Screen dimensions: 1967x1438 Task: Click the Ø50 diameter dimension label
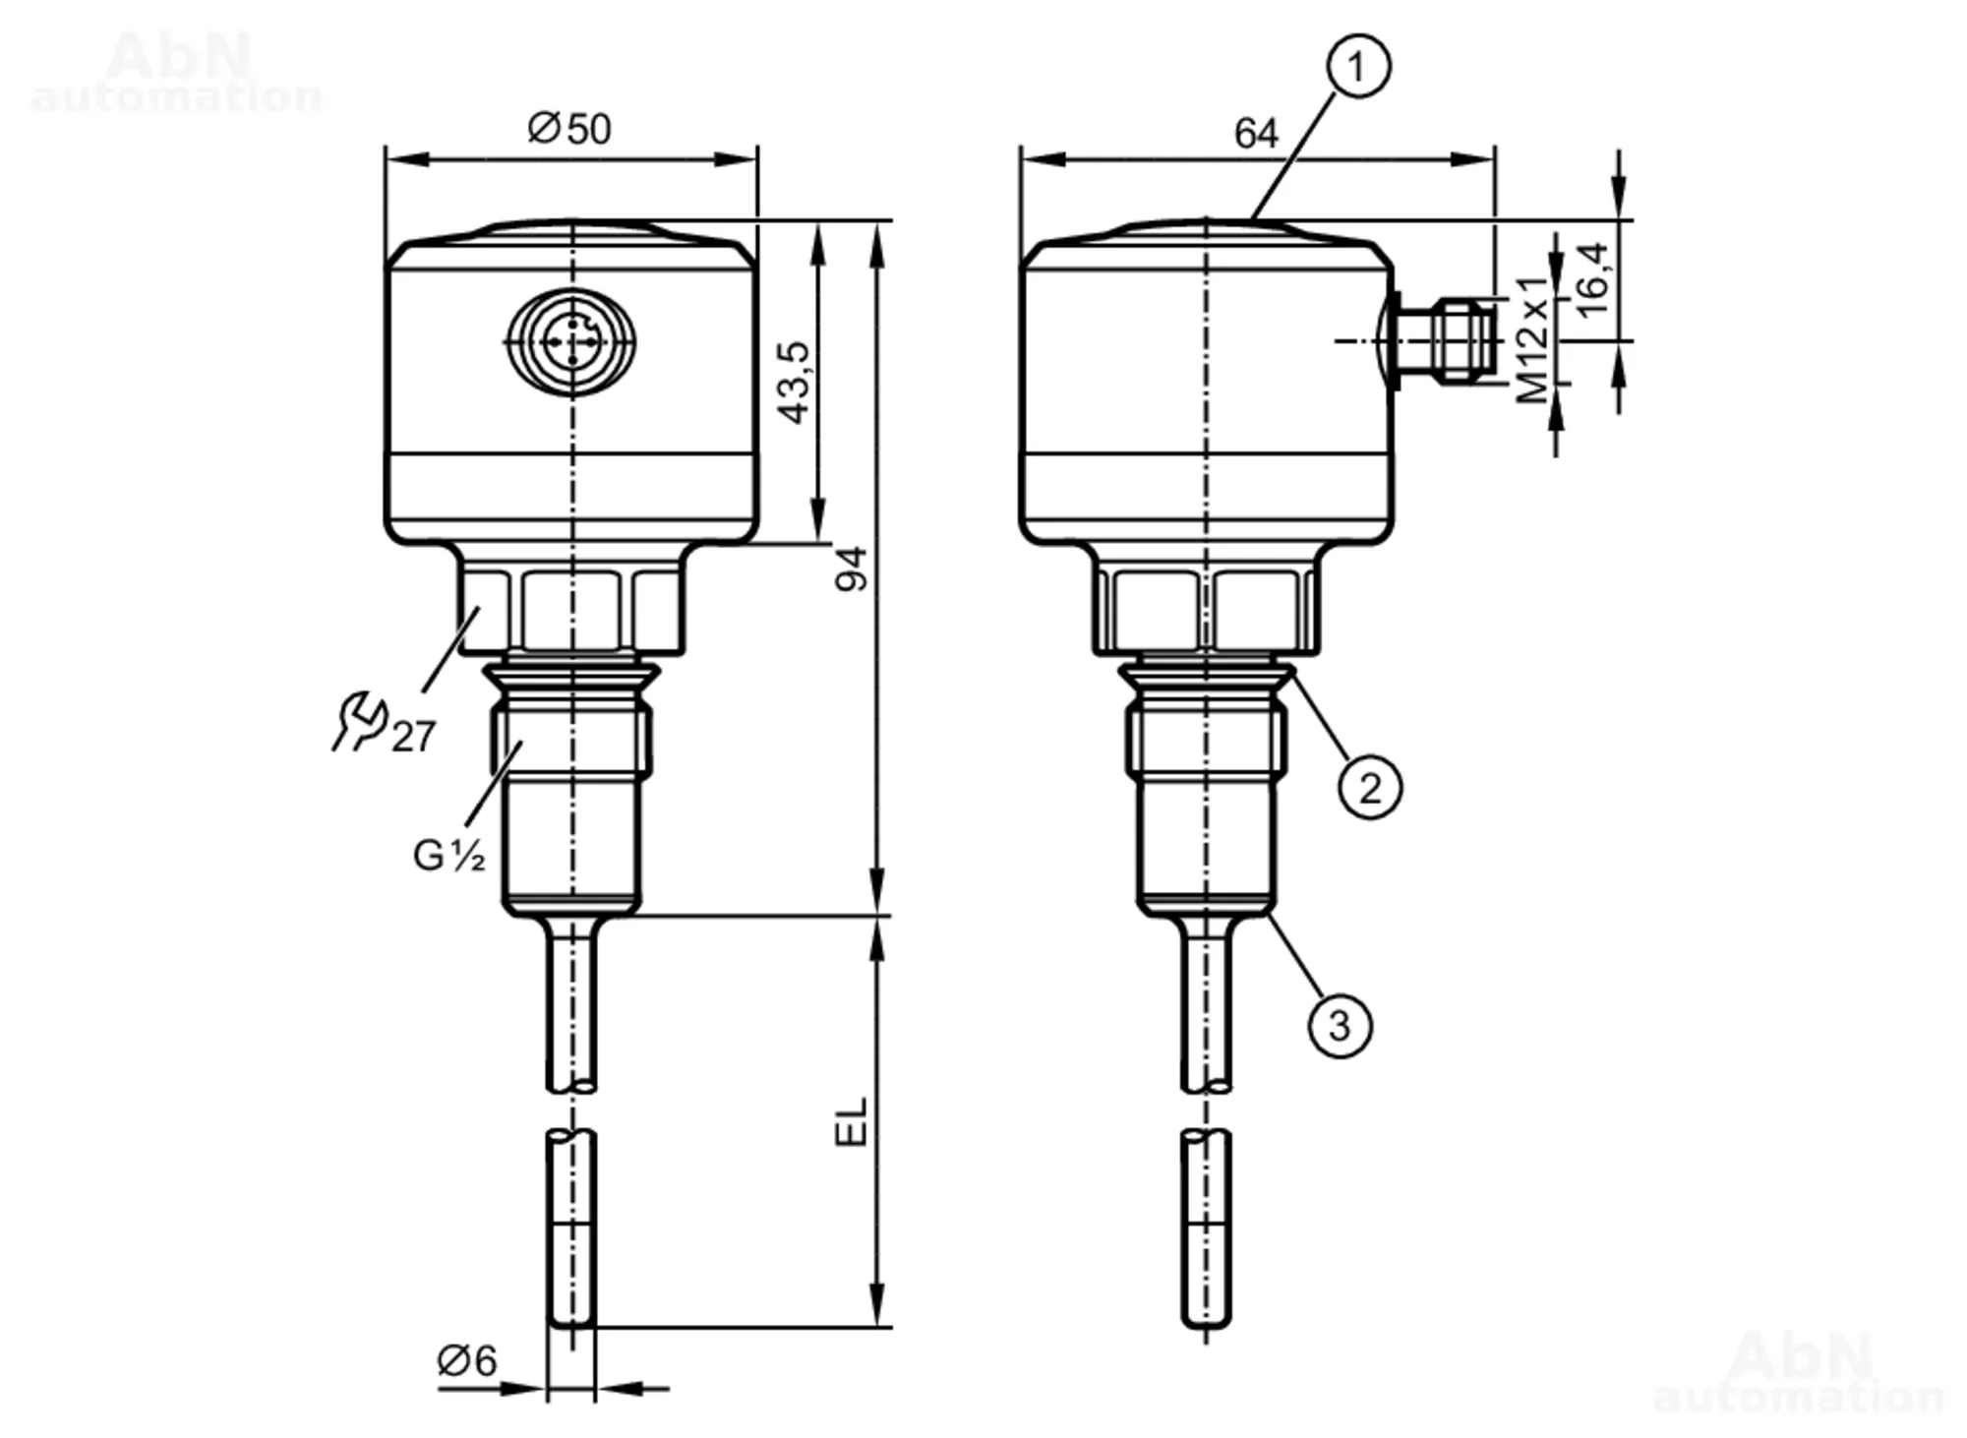(569, 129)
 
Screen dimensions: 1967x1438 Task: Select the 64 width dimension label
(1256, 134)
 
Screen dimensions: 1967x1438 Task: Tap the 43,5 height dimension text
(794, 383)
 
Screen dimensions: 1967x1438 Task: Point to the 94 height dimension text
(852, 569)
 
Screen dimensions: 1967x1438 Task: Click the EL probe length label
(852, 1122)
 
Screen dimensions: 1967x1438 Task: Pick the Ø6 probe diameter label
(467, 1361)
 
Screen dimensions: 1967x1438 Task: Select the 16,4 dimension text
(1592, 280)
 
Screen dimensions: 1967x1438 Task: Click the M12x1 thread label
(1532, 340)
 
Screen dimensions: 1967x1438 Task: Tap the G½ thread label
(448, 855)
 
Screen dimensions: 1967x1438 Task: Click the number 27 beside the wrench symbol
(413, 737)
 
